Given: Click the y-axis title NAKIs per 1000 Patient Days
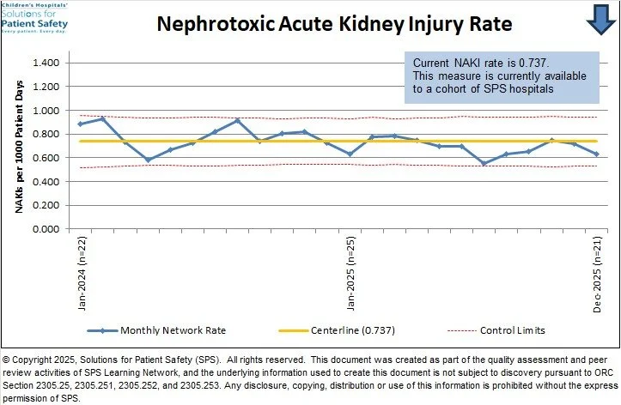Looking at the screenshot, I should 15,142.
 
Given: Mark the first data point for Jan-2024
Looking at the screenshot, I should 81,124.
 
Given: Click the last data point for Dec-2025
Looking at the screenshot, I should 596,154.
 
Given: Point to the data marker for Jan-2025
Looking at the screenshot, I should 350,154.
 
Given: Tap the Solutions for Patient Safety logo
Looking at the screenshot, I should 34,17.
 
